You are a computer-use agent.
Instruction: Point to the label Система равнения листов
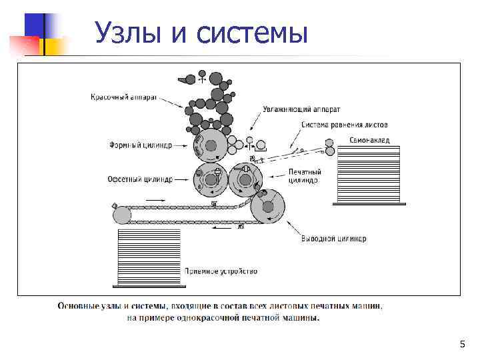(345, 125)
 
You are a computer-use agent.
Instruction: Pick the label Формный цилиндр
(140, 144)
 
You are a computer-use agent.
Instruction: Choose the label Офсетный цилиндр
(140, 179)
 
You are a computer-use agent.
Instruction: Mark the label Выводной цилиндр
(333, 239)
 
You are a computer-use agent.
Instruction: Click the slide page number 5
(462, 344)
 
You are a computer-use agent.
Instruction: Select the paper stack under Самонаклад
(368, 174)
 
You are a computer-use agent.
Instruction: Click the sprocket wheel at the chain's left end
(122, 215)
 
